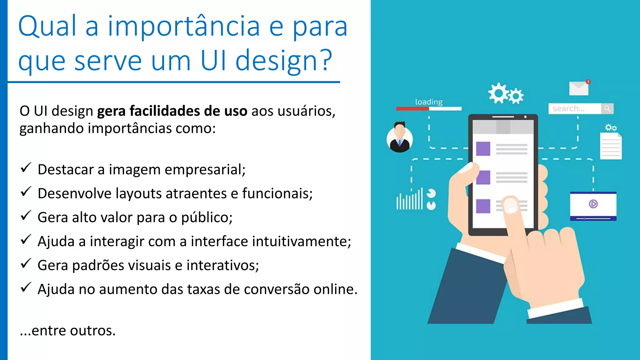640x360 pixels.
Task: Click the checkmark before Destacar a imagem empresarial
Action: click(x=26, y=168)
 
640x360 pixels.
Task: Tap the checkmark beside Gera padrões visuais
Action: click(x=26, y=264)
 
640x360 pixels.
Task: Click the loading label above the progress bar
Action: click(x=429, y=102)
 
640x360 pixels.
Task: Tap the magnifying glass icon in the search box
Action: click(x=607, y=108)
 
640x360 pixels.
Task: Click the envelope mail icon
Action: click(x=579, y=88)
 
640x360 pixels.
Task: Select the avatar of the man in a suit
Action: click(x=400, y=138)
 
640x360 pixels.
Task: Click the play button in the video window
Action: click(x=593, y=204)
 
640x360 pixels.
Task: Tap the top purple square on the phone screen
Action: click(x=483, y=148)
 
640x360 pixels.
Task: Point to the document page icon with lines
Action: click(x=611, y=146)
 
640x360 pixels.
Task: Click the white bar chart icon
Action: click(x=410, y=200)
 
